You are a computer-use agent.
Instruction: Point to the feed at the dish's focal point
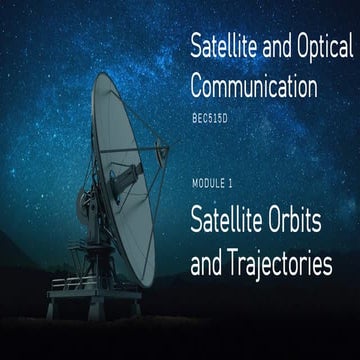161,151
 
